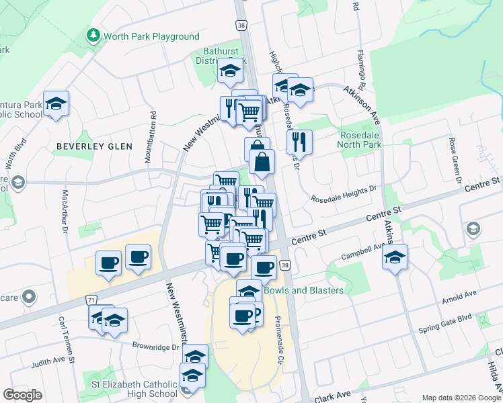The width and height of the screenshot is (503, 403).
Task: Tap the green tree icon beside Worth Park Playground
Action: pyautogui.click(x=93, y=35)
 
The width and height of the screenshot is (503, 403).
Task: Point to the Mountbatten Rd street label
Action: pyautogui.click(x=151, y=136)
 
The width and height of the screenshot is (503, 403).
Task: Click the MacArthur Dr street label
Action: pyautogui.click(x=65, y=210)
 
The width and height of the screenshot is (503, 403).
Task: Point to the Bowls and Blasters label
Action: pyautogui.click(x=303, y=290)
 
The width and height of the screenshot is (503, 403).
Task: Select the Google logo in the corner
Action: pyautogui.click(x=22, y=395)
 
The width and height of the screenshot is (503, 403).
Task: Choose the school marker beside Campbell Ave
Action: pyautogui.click(x=395, y=257)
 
